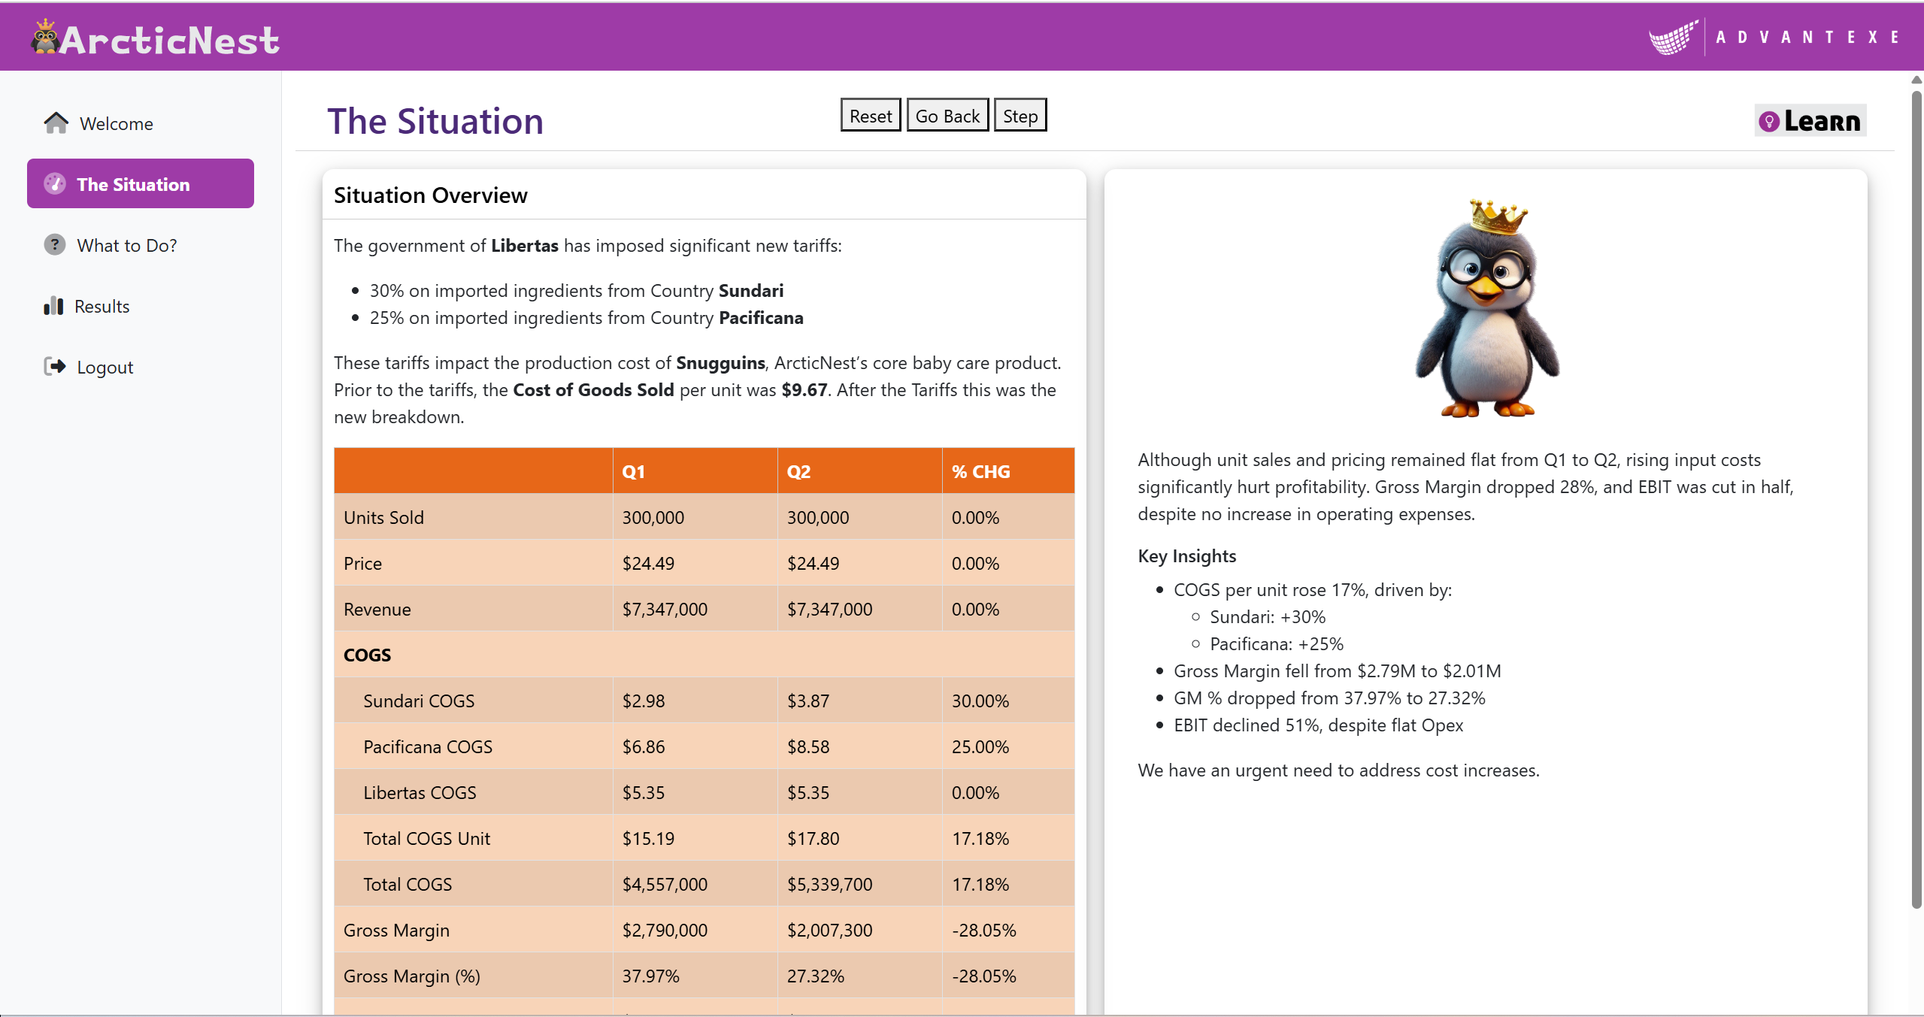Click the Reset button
click(871, 116)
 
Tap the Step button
click(1020, 116)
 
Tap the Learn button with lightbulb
click(1810, 120)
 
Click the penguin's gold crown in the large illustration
click(1498, 217)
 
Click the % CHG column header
click(980, 471)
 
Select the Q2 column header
click(798, 471)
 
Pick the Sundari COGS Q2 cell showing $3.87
click(808, 701)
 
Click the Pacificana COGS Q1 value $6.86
click(644, 746)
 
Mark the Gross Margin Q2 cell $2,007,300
click(829, 930)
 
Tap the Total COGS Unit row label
click(426, 838)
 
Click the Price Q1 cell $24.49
click(648, 563)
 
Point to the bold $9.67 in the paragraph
click(804, 390)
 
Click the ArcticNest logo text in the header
click(170, 40)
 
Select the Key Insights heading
click(1186, 555)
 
